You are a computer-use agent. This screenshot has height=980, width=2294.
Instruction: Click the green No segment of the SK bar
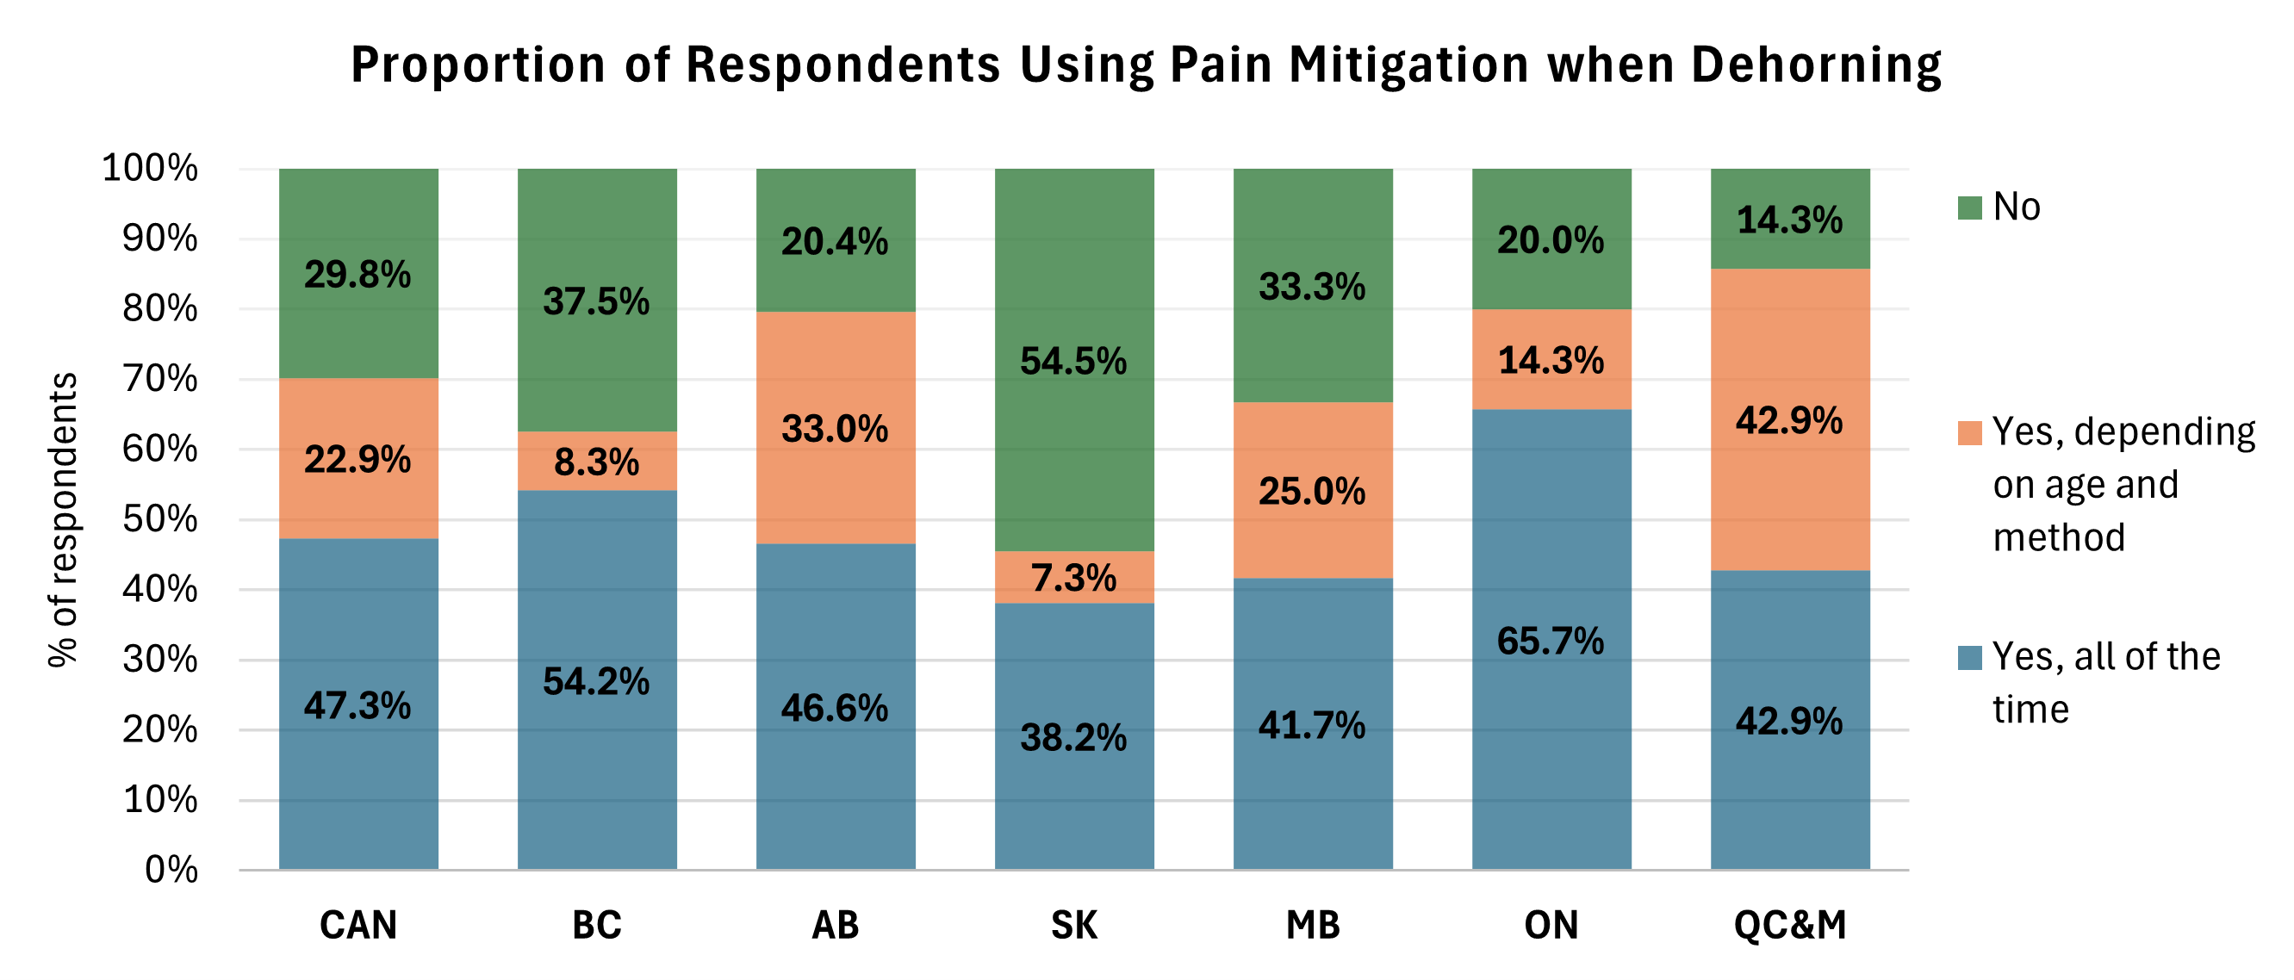coord(1074,360)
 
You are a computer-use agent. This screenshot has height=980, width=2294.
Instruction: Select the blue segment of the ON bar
coord(1551,639)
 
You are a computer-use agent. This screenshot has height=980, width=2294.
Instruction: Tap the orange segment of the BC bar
coord(597,461)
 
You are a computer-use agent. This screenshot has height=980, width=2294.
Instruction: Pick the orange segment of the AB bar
coord(836,427)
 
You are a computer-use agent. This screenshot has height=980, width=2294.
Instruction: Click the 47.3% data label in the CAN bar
coord(357,706)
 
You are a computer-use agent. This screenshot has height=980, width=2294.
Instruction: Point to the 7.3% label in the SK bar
coord(1074,578)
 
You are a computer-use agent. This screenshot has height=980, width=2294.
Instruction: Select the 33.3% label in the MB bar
coord(1312,287)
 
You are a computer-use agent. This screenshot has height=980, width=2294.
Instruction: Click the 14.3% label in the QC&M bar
coord(1789,220)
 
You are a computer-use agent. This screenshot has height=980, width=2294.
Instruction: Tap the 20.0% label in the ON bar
coord(1551,239)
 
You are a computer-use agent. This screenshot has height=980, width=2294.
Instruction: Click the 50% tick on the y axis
coord(160,519)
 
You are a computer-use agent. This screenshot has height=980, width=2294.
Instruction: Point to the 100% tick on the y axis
coord(150,167)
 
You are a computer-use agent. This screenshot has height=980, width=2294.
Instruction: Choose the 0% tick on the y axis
coord(171,870)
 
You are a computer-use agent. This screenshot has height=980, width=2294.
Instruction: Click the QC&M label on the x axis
coord(1790,926)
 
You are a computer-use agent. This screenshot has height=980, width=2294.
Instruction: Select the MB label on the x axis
coord(1313,926)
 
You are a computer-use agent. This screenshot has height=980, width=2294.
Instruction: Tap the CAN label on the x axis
coord(358,926)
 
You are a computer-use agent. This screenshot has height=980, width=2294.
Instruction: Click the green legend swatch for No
coord(1970,208)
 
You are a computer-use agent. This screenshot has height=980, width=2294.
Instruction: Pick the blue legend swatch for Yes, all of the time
coord(1970,658)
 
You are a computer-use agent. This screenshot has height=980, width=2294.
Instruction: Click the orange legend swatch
coord(1970,432)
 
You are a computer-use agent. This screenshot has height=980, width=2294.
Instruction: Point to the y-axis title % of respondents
coord(63,520)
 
